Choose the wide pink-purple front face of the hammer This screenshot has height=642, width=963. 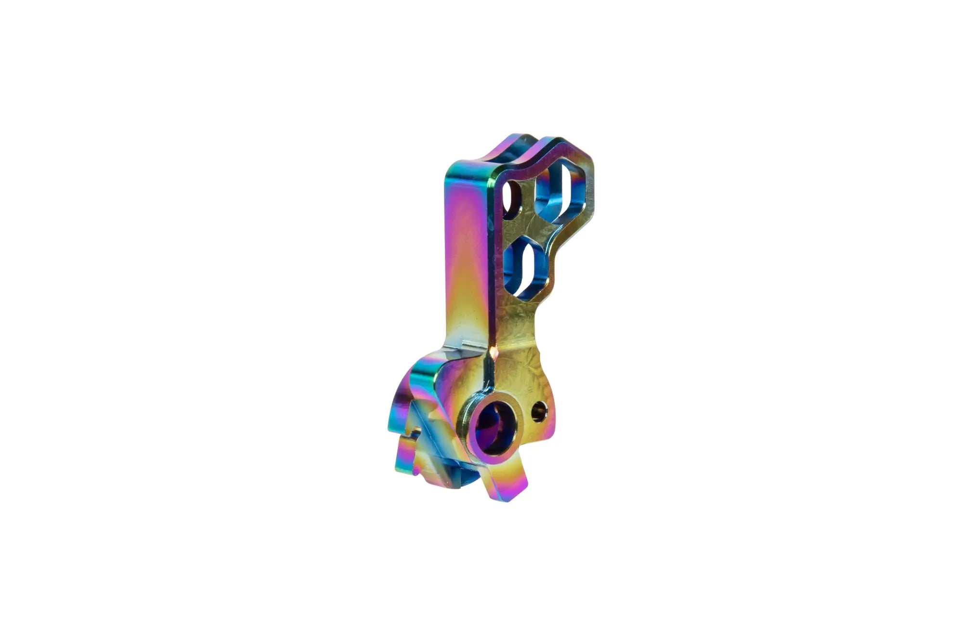[x=465, y=250]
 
